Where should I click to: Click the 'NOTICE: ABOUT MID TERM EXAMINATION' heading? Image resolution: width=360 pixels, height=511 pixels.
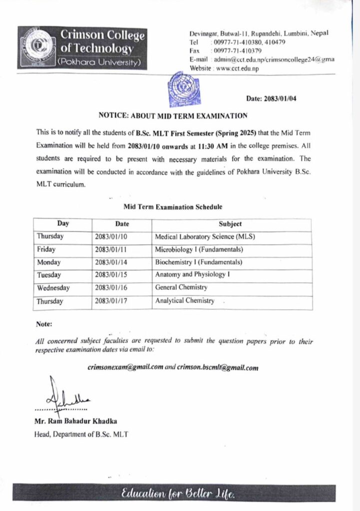pos(173,116)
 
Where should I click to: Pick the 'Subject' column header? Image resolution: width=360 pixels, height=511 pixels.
pos(230,224)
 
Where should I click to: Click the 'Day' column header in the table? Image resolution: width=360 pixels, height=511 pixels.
pos(63,224)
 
